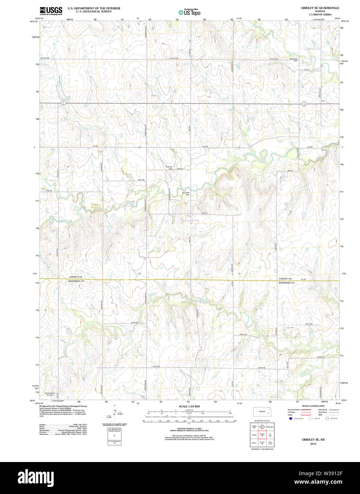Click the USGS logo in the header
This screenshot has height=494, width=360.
51,11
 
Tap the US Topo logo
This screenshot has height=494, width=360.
189,12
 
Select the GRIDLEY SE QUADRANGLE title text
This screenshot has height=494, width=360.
320,8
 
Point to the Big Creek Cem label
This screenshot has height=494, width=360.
294,59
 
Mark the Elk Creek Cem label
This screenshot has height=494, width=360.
186,194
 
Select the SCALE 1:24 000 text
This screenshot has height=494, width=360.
189,406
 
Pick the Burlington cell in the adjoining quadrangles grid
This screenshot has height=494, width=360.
270,426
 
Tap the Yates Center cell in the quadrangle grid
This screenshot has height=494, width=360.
270,443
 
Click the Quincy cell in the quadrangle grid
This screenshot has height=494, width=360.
254,443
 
